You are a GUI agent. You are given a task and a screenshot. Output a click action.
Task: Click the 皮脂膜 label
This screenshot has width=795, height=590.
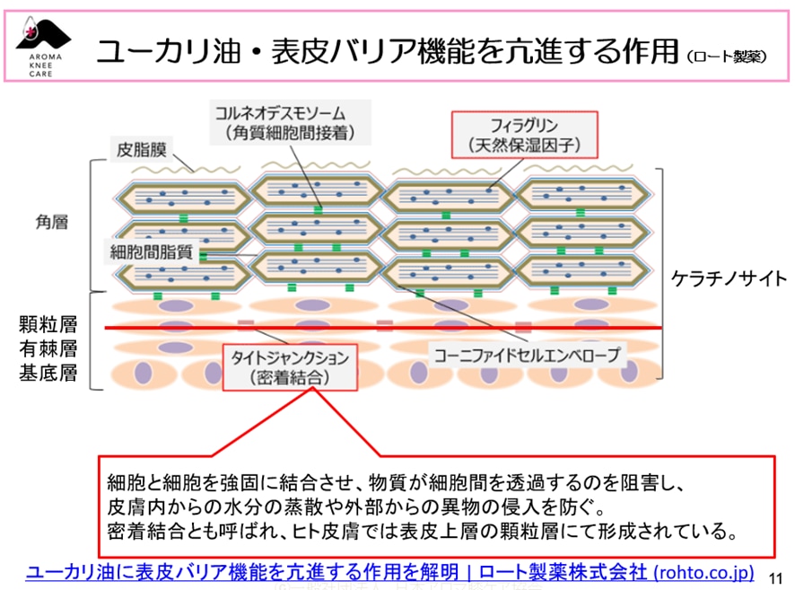(x=143, y=149)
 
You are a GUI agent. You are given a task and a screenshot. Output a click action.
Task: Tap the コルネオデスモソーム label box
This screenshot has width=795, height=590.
(x=280, y=123)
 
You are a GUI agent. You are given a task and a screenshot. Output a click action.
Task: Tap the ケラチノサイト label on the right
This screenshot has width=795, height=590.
(x=728, y=278)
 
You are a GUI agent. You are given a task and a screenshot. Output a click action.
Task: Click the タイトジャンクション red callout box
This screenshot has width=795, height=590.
(x=288, y=366)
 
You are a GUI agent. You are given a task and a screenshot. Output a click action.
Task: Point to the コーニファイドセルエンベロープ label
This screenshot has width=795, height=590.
(x=527, y=355)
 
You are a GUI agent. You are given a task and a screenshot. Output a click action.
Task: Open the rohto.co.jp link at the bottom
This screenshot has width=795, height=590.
(x=390, y=572)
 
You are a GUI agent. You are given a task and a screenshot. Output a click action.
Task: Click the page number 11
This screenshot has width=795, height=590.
(x=777, y=577)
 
